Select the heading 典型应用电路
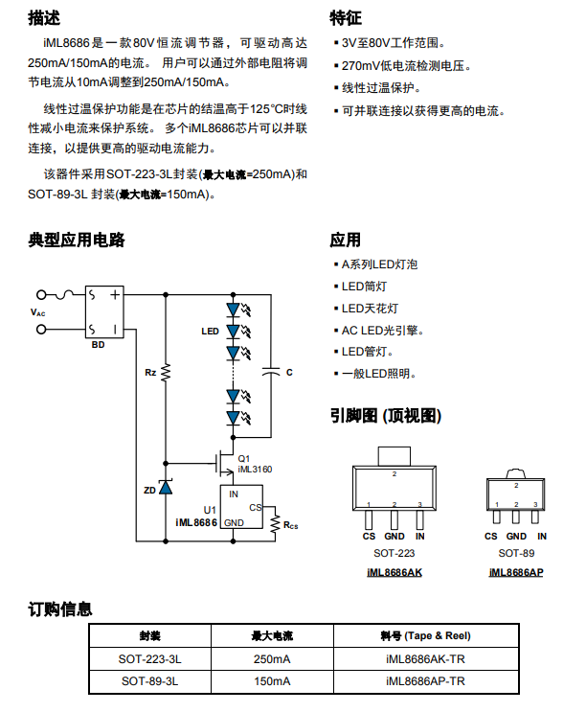pyautogui.click(x=77, y=240)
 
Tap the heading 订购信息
pyautogui.click(x=60, y=609)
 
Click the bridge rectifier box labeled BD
pyautogui.click(x=104, y=311)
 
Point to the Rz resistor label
pyautogui.click(x=150, y=371)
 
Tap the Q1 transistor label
pyautogui.click(x=244, y=457)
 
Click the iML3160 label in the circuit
pyautogui.click(x=255, y=470)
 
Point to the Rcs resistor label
pyautogui.click(x=290, y=525)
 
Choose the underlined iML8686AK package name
pyautogui.click(x=394, y=572)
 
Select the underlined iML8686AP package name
pyautogui.click(x=515, y=572)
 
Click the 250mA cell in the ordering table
pyautogui.click(x=271, y=659)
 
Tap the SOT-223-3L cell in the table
pyautogui.click(x=150, y=659)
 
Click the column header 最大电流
pyautogui.click(x=271, y=636)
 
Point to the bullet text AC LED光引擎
pyautogui.click(x=383, y=330)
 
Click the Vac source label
pyautogui.click(x=37, y=312)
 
